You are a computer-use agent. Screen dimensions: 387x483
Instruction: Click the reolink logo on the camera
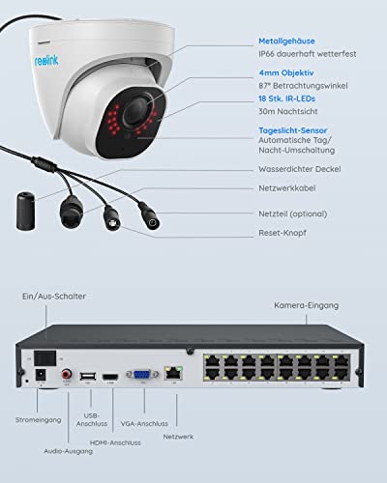[46, 60]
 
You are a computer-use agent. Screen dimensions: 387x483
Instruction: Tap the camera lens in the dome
[136, 110]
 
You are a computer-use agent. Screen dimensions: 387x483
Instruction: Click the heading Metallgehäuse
[286, 41]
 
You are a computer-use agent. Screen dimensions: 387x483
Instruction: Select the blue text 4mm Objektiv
[286, 72]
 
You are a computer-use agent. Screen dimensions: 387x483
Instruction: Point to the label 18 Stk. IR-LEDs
[286, 99]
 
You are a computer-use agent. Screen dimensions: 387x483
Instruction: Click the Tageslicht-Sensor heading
[293, 130]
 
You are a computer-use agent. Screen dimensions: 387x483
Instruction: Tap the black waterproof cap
[25, 211]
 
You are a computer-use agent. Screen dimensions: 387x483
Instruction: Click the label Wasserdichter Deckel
[300, 169]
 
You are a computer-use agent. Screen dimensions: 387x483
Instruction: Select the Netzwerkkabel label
[287, 188]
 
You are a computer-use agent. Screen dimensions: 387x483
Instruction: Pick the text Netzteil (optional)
[293, 213]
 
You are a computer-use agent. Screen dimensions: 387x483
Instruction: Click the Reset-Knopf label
[283, 233]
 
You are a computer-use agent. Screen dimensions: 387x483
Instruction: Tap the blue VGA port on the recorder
[142, 375]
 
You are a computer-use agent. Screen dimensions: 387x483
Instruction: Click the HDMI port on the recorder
[110, 377]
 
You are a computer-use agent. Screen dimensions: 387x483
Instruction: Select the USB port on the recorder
[88, 376]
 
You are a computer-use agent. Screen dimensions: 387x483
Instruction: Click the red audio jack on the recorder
[67, 374]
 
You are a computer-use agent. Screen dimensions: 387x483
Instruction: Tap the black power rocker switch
[45, 358]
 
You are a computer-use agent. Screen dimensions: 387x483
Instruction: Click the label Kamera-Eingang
[307, 305]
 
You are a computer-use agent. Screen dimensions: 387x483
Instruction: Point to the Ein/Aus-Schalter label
[54, 297]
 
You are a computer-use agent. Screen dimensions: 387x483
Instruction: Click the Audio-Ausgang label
[69, 451]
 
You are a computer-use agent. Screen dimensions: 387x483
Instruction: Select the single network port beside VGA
[173, 373]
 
